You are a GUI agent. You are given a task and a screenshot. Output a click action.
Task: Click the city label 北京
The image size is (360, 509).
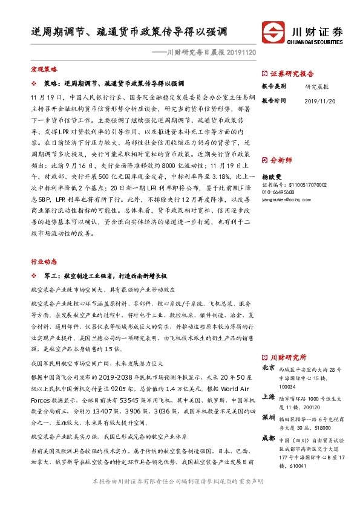click(269, 368)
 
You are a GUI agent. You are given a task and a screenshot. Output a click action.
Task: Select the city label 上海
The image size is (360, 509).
click(269, 397)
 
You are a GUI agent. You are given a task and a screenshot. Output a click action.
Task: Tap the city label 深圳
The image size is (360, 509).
click(269, 418)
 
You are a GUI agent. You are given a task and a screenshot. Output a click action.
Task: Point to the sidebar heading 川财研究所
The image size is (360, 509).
click(289, 357)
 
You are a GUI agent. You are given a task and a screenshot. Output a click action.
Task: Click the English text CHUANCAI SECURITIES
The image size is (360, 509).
click(317, 42)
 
